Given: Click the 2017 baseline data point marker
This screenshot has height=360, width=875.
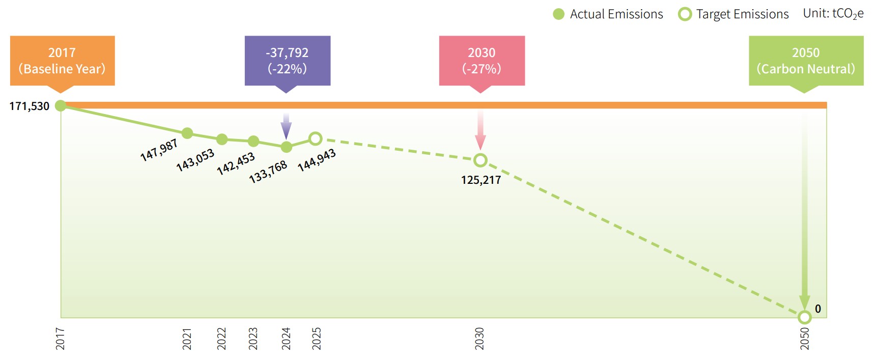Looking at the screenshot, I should click(61, 105).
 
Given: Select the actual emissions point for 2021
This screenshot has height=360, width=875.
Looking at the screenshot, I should click(187, 133).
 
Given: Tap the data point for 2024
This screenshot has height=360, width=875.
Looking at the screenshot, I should click(287, 147).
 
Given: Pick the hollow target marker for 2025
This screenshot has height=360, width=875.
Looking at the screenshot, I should click(316, 138).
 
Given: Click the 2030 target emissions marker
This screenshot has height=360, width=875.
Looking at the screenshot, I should click(480, 160).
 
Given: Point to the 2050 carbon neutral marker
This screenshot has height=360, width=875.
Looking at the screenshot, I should click(804, 317).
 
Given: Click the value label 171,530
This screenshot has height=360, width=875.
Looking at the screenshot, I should click(30, 106).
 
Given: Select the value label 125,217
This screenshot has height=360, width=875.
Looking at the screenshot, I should click(481, 180).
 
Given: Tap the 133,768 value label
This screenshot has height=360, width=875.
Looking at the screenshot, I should click(268, 172).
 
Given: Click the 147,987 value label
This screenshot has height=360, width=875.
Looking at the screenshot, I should click(159, 150).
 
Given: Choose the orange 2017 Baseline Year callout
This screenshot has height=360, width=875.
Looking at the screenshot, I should click(62, 61).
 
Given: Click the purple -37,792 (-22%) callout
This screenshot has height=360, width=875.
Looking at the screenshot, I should click(288, 61).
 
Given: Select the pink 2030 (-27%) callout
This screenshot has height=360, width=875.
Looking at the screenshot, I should click(482, 61).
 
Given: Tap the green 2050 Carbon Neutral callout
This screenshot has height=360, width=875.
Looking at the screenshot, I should click(806, 61).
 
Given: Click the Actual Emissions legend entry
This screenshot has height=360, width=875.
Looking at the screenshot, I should click(608, 14).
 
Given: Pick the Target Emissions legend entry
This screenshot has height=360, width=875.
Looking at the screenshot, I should click(734, 14).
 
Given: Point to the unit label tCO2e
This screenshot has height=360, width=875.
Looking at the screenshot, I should click(833, 14).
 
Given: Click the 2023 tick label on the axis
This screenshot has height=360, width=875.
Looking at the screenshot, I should click(253, 339).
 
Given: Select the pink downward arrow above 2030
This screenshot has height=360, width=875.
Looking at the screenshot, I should click(480, 130).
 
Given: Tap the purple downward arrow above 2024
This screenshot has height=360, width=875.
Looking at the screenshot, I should click(287, 126).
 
